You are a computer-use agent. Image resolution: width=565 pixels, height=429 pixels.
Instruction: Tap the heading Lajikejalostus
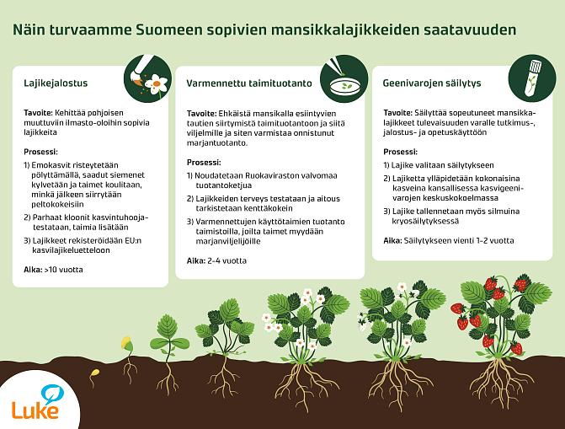(56, 83)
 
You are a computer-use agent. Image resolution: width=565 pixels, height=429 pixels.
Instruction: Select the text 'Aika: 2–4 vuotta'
(216, 260)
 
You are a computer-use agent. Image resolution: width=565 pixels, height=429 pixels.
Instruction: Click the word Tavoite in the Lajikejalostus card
(39, 112)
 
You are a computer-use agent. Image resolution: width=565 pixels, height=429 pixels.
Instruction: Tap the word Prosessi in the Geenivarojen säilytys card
(400, 152)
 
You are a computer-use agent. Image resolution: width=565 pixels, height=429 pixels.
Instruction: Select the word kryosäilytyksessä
(425, 221)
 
